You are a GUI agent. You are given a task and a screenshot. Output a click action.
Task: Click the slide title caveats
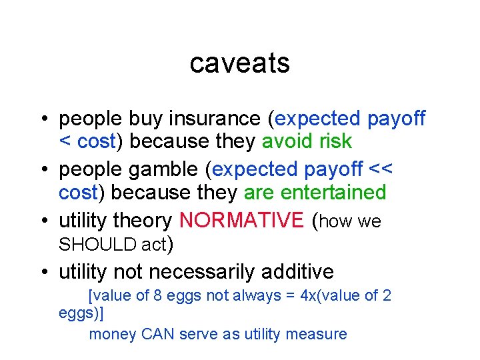point(239,63)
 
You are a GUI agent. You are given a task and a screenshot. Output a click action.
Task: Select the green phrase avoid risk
point(307,142)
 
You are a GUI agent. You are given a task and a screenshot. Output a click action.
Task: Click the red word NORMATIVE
point(241,221)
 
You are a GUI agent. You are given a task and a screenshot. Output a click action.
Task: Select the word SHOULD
point(98,245)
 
